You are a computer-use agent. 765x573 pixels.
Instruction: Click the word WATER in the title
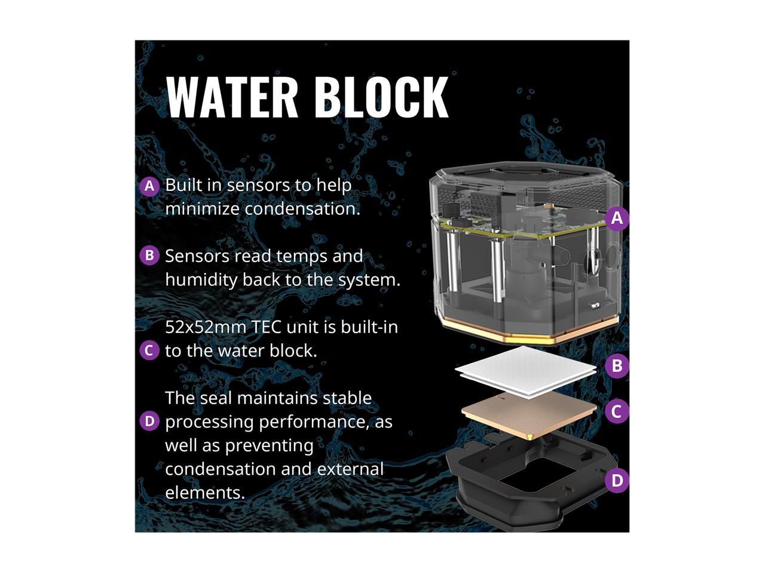(x=232, y=97)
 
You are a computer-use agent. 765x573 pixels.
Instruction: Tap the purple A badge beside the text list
(x=149, y=186)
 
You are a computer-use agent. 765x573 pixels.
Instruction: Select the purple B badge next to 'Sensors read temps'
(x=149, y=256)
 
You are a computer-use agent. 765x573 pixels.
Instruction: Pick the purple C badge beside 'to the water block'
(x=149, y=350)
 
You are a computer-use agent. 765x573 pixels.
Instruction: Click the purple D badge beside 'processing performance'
(x=149, y=421)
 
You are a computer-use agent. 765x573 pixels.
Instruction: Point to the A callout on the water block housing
(x=617, y=218)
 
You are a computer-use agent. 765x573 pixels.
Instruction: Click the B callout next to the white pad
(x=617, y=366)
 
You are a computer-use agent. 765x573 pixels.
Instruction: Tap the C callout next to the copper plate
(x=617, y=411)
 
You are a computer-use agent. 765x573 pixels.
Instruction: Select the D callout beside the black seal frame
(x=617, y=480)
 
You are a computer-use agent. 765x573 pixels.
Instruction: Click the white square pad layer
(x=526, y=370)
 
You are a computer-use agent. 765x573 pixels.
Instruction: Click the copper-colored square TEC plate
(x=529, y=413)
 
